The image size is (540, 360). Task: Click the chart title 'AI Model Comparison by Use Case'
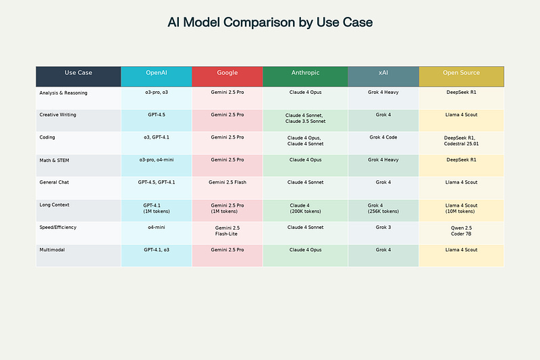pyautogui.click(x=270, y=22)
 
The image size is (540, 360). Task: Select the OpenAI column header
pyautogui.click(x=156, y=73)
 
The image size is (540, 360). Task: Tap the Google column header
pyautogui.click(x=227, y=73)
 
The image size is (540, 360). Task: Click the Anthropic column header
pyautogui.click(x=305, y=73)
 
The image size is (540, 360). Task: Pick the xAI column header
pyautogui.click(x=383, y=73)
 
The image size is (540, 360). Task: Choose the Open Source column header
pyautogui.click(x=462, y=73)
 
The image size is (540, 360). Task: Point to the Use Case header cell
pyautogui.click(x=78, y=73)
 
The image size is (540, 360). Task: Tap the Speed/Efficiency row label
pyautogui.click(x=58, y=228)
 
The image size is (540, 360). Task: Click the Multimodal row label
pyautogui.click(x=53, y=250)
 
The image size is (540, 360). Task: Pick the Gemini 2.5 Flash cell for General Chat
pyautogui.click(x=227, y=182)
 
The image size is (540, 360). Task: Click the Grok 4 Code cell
pyautogui.click(x=383, y=137)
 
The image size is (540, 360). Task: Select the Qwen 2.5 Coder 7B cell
pyautogui.click(x=462, y=231)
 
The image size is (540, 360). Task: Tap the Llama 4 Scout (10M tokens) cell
pyautogui.click(x=462, y=208)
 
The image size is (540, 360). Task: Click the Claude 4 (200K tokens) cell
pyautogui.click(x=305, y=208)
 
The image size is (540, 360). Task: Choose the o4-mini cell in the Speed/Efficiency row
pyautogui.click(x=156, y=228)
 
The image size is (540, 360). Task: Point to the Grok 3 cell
pyautogui.click(x=383, y=228)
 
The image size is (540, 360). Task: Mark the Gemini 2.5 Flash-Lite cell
pyautogui.click(x=227, y=231)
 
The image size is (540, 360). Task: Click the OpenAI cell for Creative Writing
pyautogui.click(x=156, y=115)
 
